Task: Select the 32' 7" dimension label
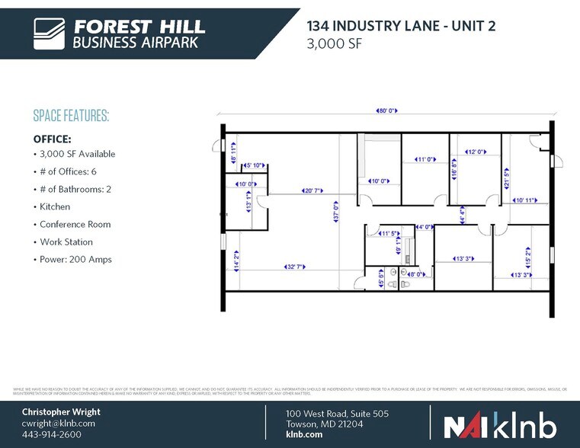tap(296, 267)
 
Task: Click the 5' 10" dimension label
tap(254, 165)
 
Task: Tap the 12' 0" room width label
tap(476, 152)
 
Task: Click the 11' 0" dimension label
tap(425, 159)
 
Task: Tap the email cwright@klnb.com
tap(58, 423)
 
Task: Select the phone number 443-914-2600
tap(51, 434)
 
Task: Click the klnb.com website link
tap(304, 434)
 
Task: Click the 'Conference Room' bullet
tap(75, 225)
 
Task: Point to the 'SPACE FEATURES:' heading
tap(71, 116)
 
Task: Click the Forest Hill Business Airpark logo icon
tap(50, 34)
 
